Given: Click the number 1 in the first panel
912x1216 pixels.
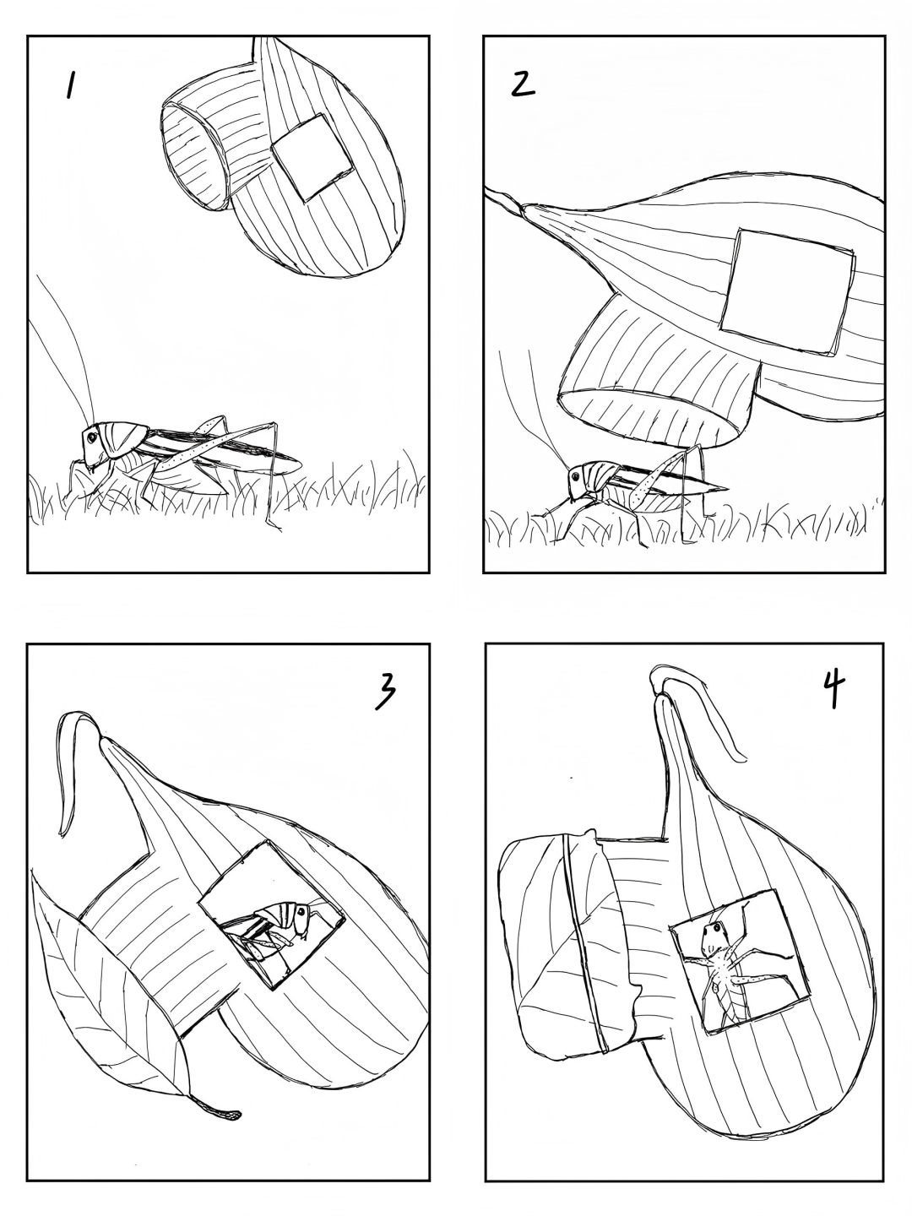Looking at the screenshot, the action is [x=70, y=86].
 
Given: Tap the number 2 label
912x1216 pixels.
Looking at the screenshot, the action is [x=522, y=85].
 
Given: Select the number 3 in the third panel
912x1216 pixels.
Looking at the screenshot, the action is [x=386, y=692].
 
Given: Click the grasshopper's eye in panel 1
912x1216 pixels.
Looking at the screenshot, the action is [x=91, y=437].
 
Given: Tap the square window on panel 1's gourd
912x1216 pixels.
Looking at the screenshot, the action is [x=312, y=157].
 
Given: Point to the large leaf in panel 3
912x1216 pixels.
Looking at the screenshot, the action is [x=111, y=975].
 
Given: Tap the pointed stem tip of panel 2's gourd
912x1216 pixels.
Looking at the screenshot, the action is [x=487, y=190].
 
